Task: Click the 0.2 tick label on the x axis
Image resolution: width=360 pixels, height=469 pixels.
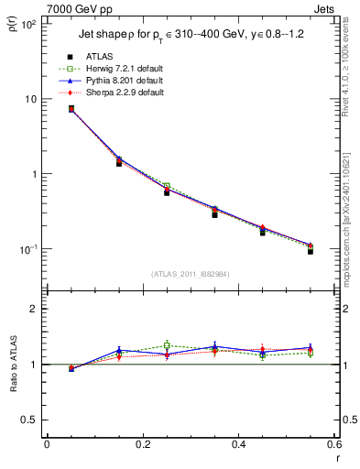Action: coord(142,444)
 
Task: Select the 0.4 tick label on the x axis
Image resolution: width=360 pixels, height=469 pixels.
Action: coord(238,444)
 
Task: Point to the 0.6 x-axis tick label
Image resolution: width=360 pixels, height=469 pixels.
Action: coord(333,444)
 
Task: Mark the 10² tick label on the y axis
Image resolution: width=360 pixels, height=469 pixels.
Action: coord(29,24)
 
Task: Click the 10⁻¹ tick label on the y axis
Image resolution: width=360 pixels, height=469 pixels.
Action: coord(28,249)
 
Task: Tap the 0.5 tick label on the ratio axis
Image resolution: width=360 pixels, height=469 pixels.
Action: coord(28,420)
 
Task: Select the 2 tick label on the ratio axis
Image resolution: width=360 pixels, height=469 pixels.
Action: coord(33,309)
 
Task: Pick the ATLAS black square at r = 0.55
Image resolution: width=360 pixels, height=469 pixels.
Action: coord(311,250)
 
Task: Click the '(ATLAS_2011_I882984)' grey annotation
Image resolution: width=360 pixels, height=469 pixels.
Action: coord(190,274)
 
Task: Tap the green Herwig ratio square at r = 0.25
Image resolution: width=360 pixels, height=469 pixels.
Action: coord(167,345)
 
